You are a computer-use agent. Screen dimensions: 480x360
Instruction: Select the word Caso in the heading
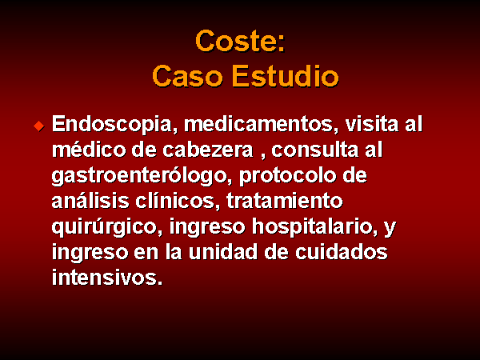point(187,76)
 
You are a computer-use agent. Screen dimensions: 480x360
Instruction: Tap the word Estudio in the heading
point(286,76)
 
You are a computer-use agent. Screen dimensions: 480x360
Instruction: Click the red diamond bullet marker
point(39,126)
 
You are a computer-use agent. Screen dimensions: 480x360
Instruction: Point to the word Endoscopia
point(114,125)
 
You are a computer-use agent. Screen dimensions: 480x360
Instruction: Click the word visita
point(372,124)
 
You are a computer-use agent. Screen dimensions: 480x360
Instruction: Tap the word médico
point(89,150)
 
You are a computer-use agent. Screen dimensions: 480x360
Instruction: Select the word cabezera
point(208,150)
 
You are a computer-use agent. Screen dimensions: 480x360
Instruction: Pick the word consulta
point(314,150)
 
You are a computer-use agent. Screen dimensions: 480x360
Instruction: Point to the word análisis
point(90,201)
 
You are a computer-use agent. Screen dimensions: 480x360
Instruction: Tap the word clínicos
point(178,201)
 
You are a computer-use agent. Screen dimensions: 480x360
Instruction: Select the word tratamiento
point(284,201)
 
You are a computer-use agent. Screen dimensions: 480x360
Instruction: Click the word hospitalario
point(314,227)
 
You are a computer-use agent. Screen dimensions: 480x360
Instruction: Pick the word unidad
point(223,252)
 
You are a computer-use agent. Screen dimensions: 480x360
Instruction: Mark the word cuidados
point(342,252)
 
